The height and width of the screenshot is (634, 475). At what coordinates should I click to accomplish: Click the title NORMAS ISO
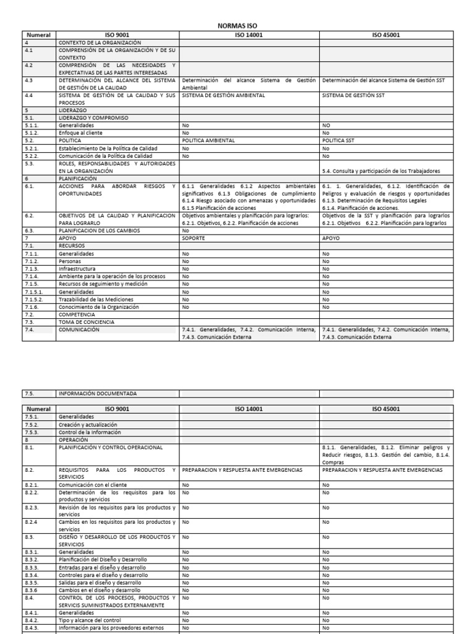click(x=237, y=27)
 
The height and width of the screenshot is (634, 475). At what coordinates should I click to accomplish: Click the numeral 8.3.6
click(x=32, y=590)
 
